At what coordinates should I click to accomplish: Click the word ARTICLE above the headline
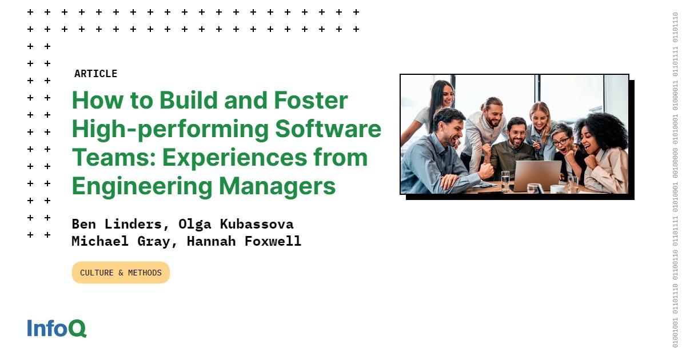95,74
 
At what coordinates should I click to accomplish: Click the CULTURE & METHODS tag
121,273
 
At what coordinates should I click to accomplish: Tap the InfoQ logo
57,329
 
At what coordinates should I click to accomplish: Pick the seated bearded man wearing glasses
517,134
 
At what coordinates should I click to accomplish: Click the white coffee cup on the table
557,189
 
